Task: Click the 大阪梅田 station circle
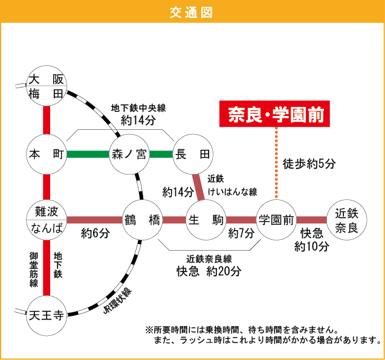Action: pos(46,86)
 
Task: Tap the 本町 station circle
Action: pos(46,154)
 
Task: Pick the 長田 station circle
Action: pos(192,154)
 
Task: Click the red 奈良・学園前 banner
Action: pos(275,114)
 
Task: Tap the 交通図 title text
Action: pos(192,11)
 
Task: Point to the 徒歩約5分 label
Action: pos(309,163)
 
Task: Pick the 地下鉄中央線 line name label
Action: pos(138,108)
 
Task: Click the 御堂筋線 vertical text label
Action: pos(34,269)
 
